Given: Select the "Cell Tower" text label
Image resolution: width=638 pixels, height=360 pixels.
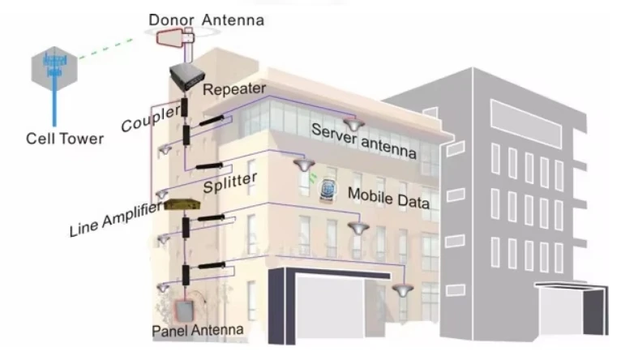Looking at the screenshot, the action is (65, 139).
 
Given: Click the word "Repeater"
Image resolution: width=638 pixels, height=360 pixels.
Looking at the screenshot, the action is (234, 88).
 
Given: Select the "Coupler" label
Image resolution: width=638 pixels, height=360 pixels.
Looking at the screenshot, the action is (149, 119).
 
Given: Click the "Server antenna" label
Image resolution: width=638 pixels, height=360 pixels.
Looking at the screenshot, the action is (363, 142).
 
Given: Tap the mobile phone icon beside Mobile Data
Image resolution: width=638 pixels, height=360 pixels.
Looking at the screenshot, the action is (331, 190).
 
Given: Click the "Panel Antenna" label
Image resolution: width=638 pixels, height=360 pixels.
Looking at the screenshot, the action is (198, 331).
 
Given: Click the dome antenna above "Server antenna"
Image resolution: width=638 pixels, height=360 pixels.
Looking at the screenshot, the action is (353, 122).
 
